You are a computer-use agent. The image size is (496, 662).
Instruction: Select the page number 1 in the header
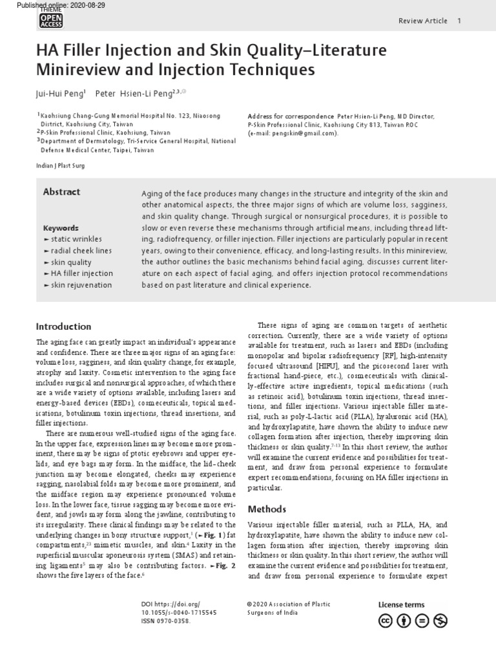[x=459, y=21]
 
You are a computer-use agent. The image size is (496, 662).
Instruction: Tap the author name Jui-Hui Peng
[x=60, y=93]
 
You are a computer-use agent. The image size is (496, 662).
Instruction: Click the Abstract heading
[x=61, y=192]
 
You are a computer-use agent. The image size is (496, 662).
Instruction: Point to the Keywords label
[x=61, y=228]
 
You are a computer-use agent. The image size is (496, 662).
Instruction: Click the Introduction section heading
[x=63, y=326]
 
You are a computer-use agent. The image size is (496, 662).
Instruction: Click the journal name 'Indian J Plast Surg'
[x=61, y=165]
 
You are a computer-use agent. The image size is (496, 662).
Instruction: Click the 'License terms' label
[x=401, y=605]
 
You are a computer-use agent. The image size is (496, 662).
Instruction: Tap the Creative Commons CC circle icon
[x=386, y=621]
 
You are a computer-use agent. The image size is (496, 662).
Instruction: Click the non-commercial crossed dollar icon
[x=441, y=621]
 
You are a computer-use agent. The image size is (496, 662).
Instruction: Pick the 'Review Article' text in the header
[x=422, y=21]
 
